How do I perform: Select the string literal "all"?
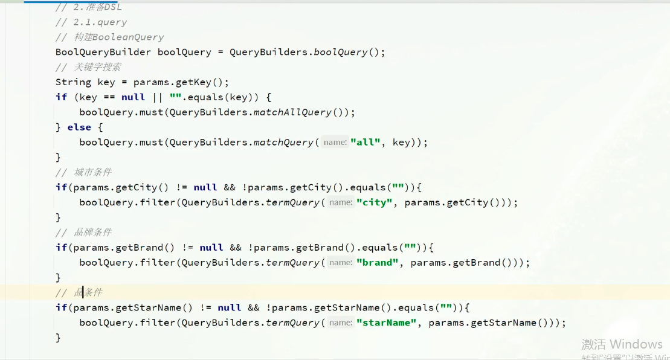[x=366, y=143]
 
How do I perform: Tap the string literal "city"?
[x=374, y=202]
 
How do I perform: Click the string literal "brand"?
[x=378, y=263]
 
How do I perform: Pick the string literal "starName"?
[x=386, y=323]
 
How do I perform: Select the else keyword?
[x=79, y=127]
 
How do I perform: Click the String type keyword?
[x=73, y=82]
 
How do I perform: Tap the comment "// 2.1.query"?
[x=91, y=22]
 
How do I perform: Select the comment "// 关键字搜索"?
[x=88, y=67]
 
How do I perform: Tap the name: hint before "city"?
[x=341, y=202]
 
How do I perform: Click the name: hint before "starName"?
[x=341, y=323]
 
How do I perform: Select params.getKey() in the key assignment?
[x=181, y=82]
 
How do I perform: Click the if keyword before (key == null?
[x=61, y=97]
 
